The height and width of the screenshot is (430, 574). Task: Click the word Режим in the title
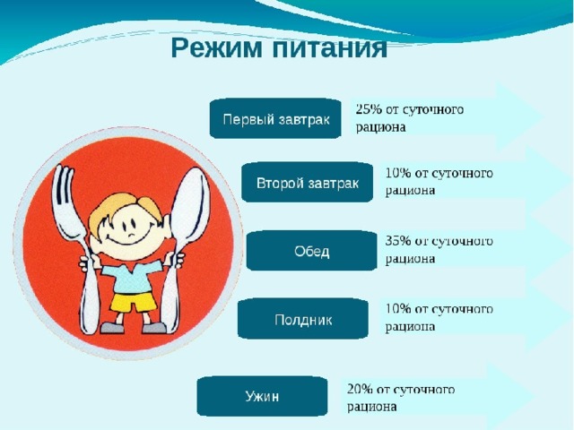pyautogui.click(x=216, y=48)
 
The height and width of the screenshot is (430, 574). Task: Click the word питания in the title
pyautogui.click(x=329, y=48)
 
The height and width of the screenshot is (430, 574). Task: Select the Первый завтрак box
pyautogui.click(x=275, y=118)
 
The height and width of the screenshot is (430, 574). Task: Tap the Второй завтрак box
pyautogui.click(x=307, y=183)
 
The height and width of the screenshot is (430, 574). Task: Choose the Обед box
pyautogui.click(x=311, y=251)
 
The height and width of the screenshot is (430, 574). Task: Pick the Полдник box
pyautogui.click(x=303, y=319)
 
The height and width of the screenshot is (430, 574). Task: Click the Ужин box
pyautogui.click(x=262, y=396)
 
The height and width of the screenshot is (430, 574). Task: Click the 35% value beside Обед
pyautogui.click(x=398, y=241)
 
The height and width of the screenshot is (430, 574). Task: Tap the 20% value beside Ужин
pyautogui.click(x=360, y=390)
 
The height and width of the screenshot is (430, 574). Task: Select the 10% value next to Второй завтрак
pyautogui.click(x=398, y=173)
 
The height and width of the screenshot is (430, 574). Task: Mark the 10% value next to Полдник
pyautogui.click(x=398, y=309)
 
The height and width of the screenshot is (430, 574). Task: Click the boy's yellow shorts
pyautogui.click(x=134, y=302)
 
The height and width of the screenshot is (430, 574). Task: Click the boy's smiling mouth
pyautogui.click(x=126, y=242)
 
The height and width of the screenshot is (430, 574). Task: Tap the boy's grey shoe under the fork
pyautogui.click(x=112, y=327)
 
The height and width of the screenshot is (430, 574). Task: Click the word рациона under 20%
pyautogui.click(x=372, y=407)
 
